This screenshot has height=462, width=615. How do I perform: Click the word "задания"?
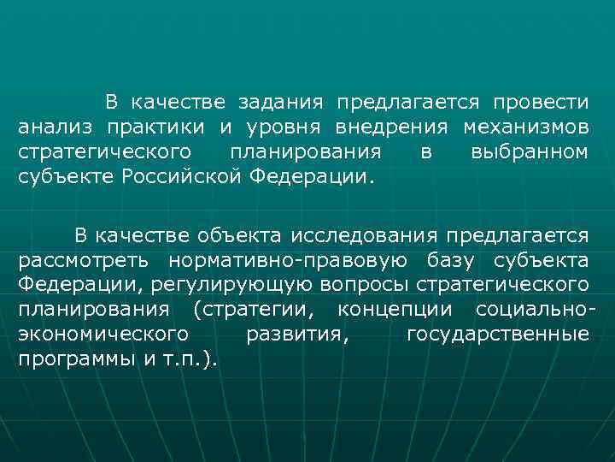tap(281, 104)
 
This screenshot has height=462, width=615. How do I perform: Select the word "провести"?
tap(541, 104)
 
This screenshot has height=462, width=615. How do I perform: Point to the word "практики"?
tap(156, 128)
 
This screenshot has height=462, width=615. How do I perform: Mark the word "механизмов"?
tap(525, 128)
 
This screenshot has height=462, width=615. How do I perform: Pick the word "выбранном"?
tap(529, 153)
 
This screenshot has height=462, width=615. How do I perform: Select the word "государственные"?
tap(498, 335)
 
